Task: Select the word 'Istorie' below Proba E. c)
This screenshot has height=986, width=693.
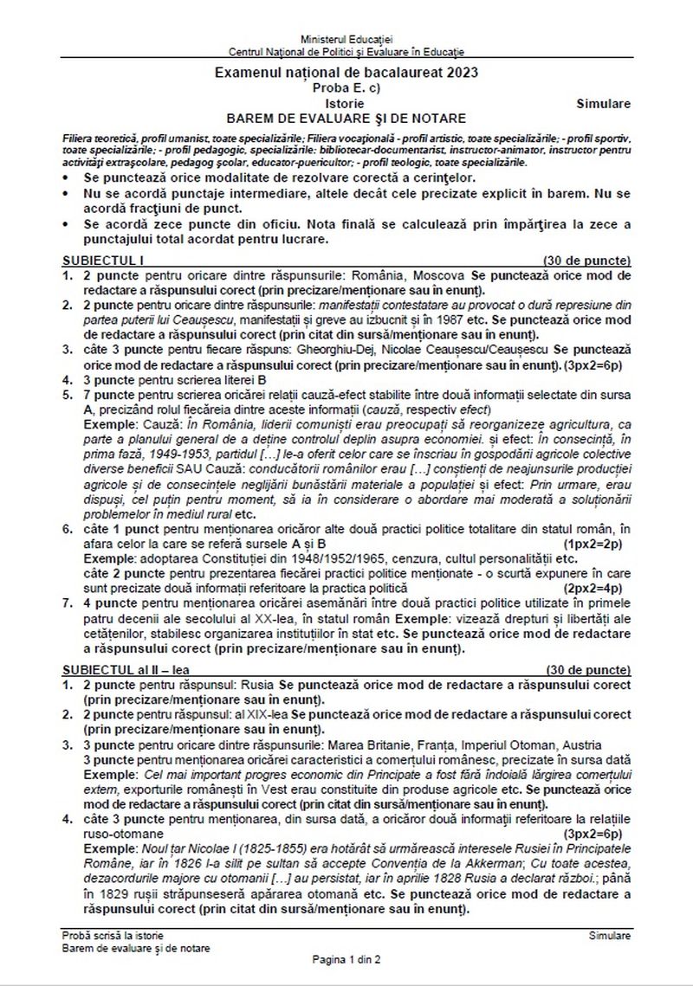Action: click(346, 103)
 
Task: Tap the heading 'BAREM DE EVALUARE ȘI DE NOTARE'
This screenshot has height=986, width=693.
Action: click(346, 118)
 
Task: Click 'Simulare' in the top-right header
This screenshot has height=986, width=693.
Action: click(603, 103)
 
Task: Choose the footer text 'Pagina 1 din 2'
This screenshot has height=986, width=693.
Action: click(346, 959)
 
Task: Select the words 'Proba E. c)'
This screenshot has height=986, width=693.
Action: click(346, 88)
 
